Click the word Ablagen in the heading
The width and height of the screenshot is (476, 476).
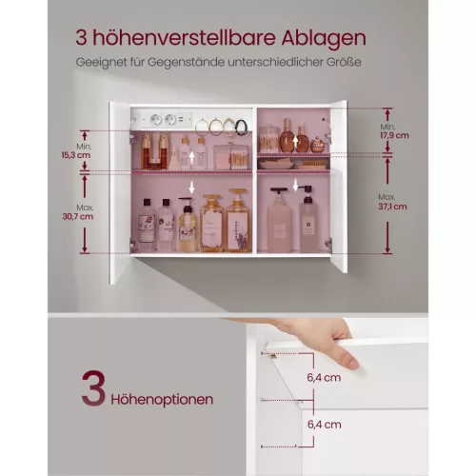[x=324, y=38]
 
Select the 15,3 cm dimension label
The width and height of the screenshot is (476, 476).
[x=76, y=155]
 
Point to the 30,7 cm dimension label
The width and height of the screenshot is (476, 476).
[x=78, y=217]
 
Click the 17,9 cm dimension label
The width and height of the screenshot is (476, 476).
[x=394, y=135]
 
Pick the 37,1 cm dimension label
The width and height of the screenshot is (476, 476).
[x=392, y=207]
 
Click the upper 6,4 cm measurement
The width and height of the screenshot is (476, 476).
[x=324, y=378]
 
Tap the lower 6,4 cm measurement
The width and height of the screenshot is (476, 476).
[x=324, y=425]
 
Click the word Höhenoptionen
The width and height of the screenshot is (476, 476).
[x=162, y=400]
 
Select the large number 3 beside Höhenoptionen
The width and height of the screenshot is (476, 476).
[x=93, y=387]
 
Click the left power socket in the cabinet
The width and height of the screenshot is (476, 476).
[x=156, y=120]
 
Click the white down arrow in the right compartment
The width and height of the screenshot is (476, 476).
[x=295, y=186]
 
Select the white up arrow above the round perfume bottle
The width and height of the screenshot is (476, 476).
[x=295, y=143]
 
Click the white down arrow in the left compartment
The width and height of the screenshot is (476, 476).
[x=191, y=188]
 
